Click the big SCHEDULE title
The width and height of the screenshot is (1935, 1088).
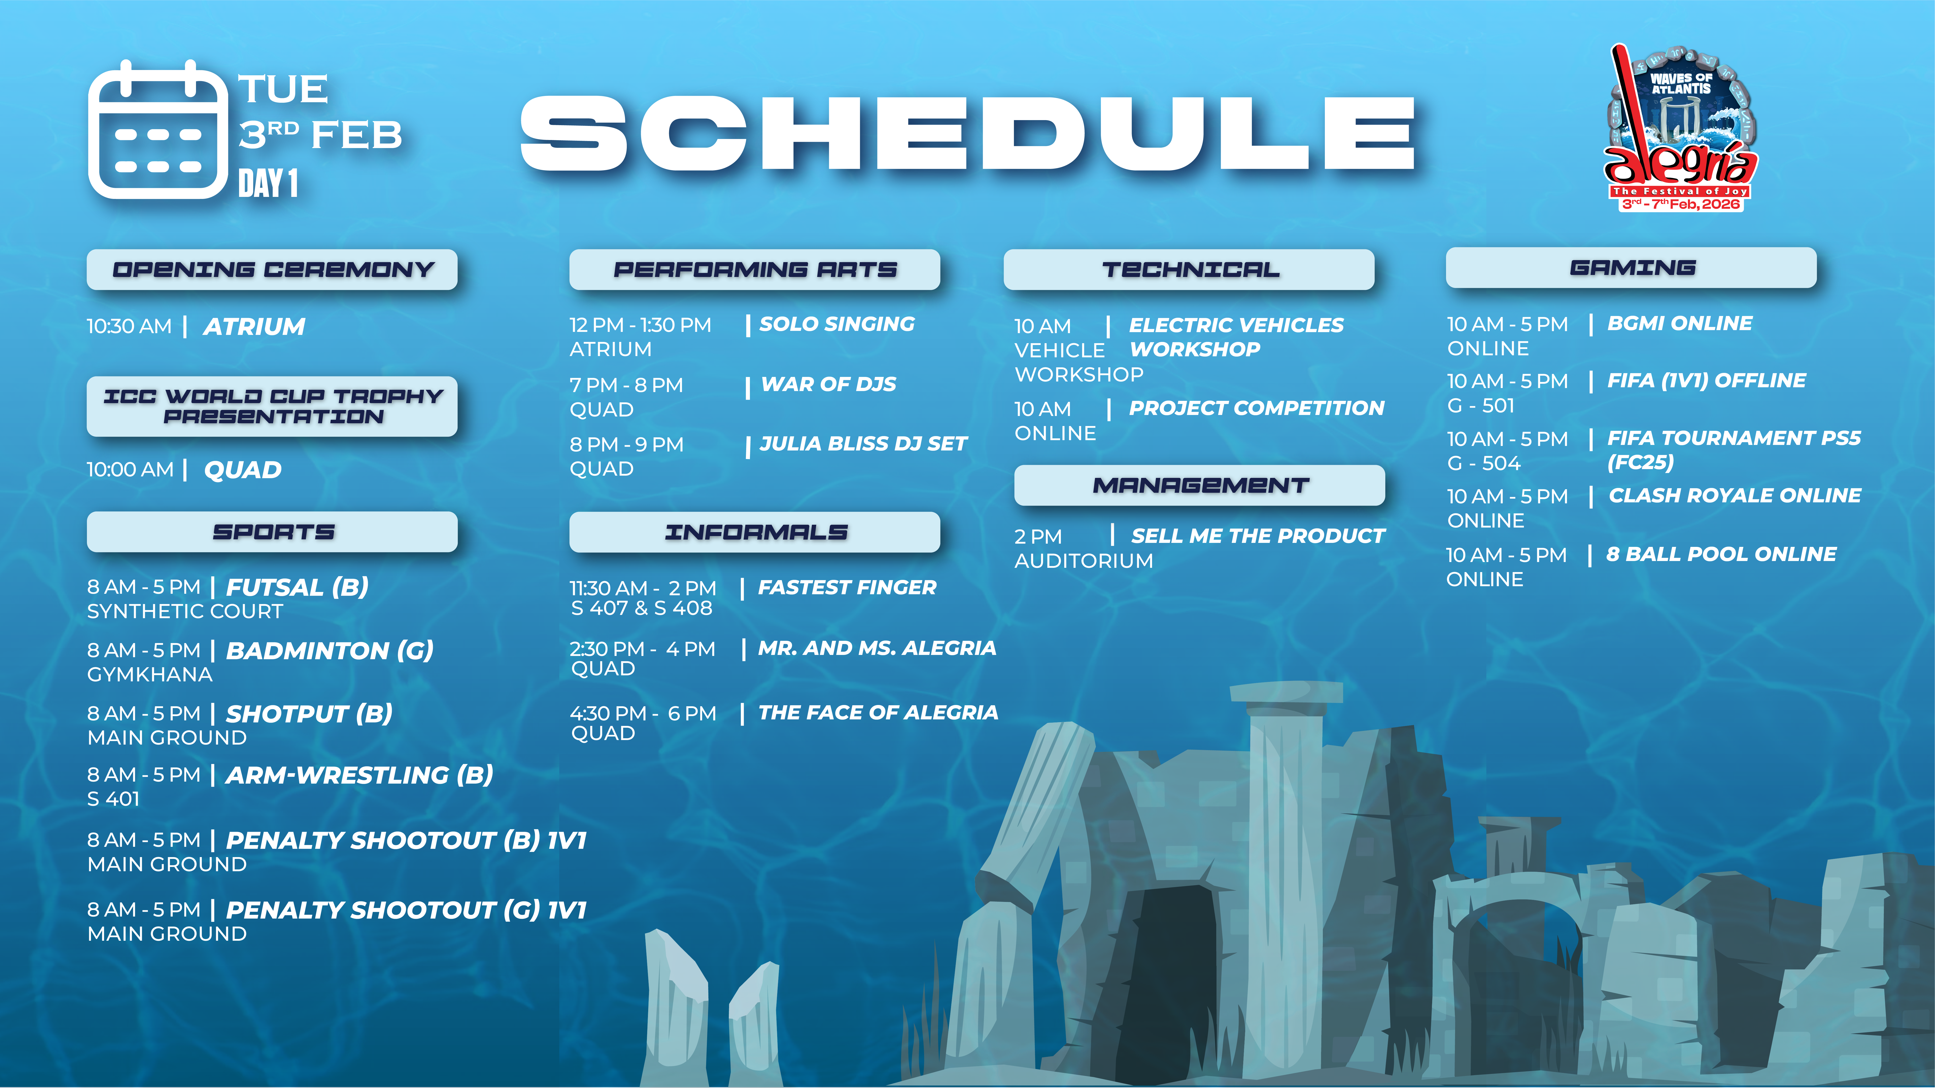pyautogui.click(x=967, y=134)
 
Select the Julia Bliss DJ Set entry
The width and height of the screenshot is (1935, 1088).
pyautogui.click(x=863, y=444)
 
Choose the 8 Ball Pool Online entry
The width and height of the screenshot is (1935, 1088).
pyautogui.click(x=1721, y=554)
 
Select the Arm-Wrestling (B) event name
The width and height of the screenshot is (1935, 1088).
pyautogui.click(x=359, y=775)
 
